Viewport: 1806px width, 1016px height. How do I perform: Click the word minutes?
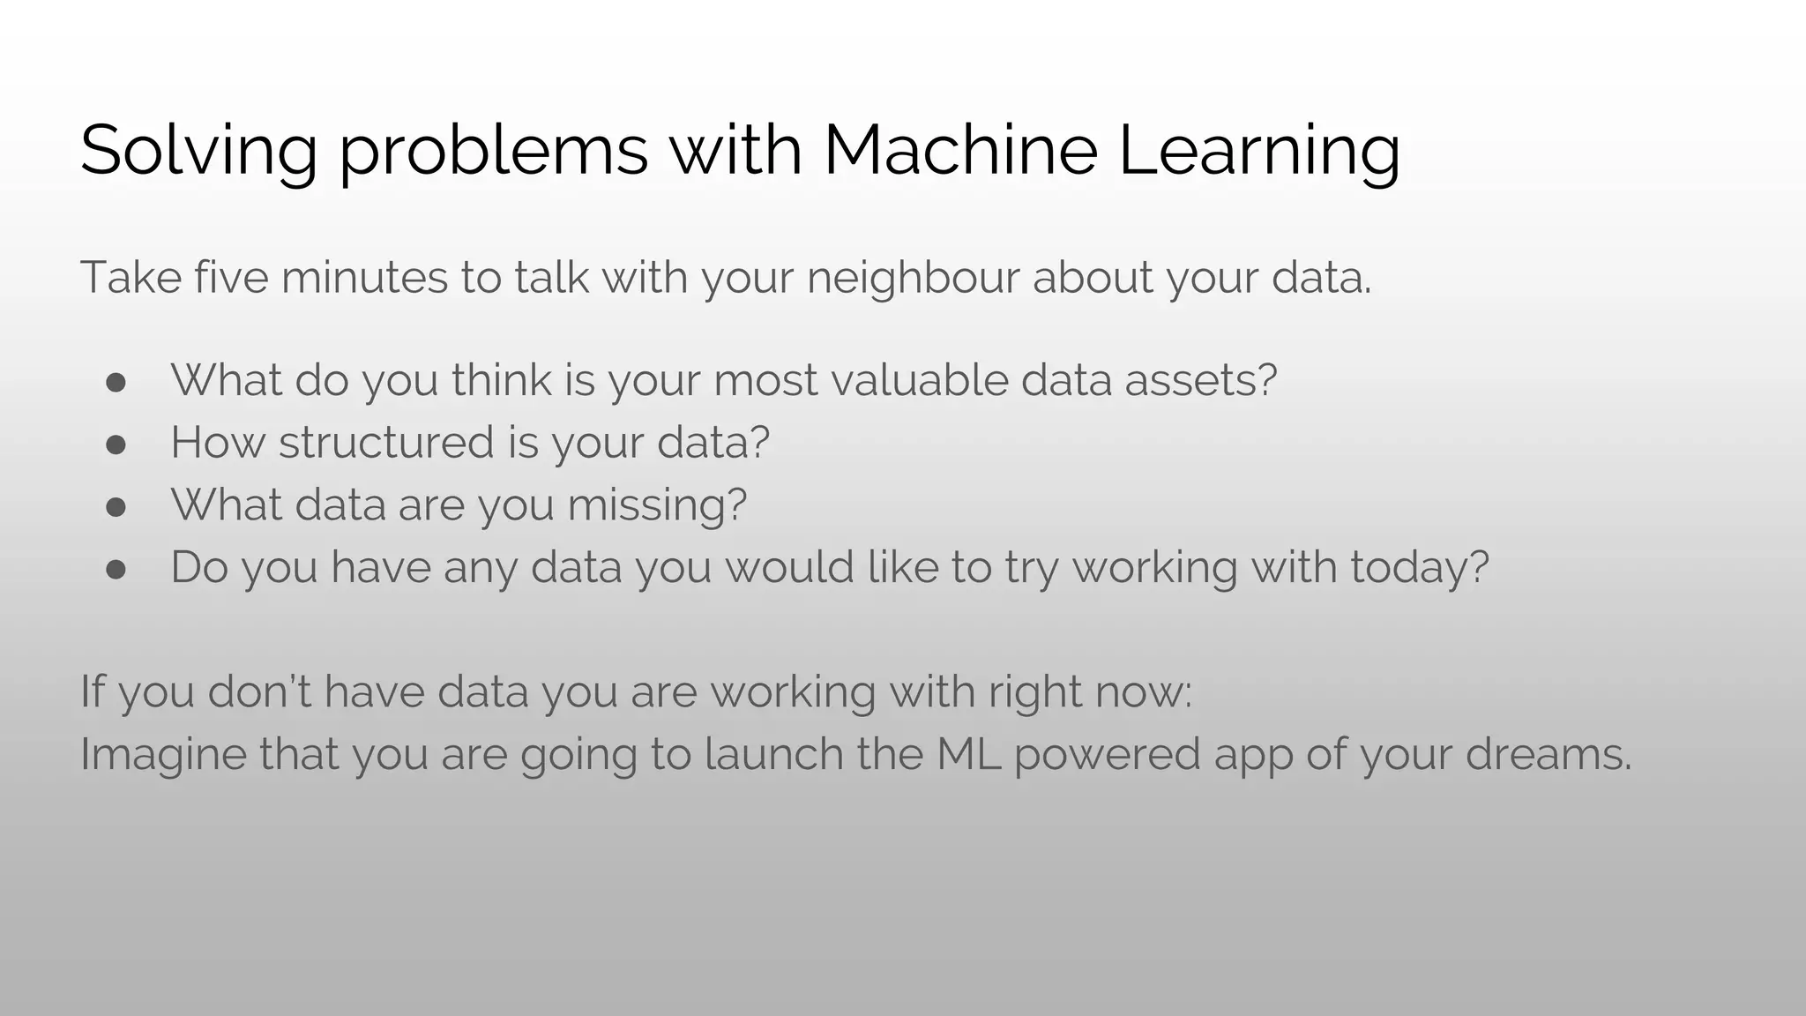[364, 277]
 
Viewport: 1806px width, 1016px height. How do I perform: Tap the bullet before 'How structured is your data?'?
[116, 444]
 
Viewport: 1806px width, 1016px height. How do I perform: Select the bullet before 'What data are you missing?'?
[116, 506]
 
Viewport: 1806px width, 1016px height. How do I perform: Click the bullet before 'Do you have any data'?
[116, 569]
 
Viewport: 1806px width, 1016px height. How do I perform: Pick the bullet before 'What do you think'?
[116, 381]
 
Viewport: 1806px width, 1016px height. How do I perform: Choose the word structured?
[386, 442]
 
